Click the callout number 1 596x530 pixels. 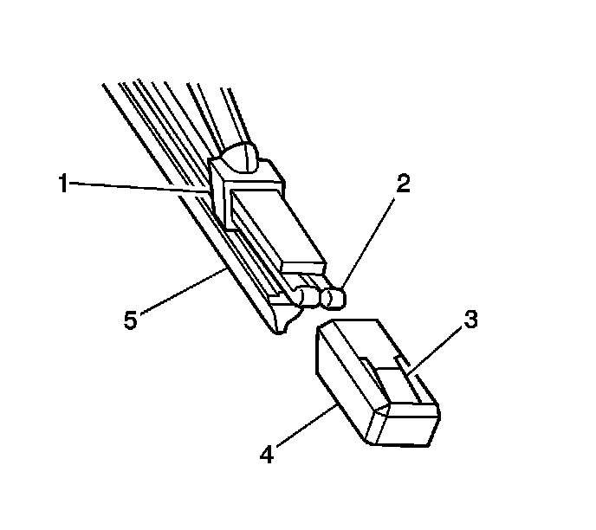62,184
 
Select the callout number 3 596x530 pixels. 469,319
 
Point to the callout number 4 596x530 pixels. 268,454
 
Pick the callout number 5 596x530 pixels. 129,320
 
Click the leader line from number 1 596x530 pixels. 139,186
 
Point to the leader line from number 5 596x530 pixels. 182,294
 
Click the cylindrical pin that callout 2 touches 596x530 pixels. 334,297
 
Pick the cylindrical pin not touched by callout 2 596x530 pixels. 308,297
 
